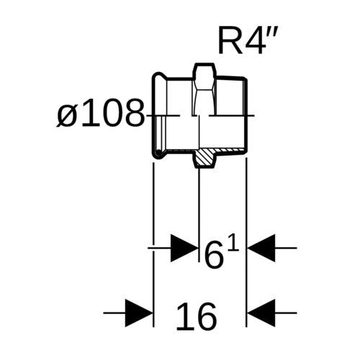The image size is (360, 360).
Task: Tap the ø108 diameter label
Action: tap(100, 113)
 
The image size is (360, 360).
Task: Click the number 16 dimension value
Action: tap(197, 317)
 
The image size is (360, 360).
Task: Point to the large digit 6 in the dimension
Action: tap(214, 255)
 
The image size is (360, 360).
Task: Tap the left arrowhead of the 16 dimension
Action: tap(139, 313)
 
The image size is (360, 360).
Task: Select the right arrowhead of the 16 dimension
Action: tap(261, 313)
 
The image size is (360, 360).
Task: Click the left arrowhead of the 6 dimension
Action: tap(184, 248)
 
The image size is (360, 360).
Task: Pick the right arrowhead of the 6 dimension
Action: tap(261, 248)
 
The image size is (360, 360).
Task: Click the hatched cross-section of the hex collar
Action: tap(204, 158)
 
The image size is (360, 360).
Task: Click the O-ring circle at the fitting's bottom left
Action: tap(158, 153)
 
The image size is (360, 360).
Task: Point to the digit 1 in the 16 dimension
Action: tap(184, 317)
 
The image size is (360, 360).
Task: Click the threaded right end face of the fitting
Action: tap(246, 114)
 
